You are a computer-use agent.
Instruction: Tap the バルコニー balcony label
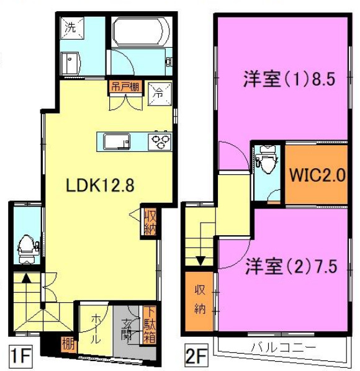283,346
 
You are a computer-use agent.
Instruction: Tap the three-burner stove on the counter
160,141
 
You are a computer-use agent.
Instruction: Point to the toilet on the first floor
26,248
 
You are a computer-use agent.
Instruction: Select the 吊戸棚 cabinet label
124,86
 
